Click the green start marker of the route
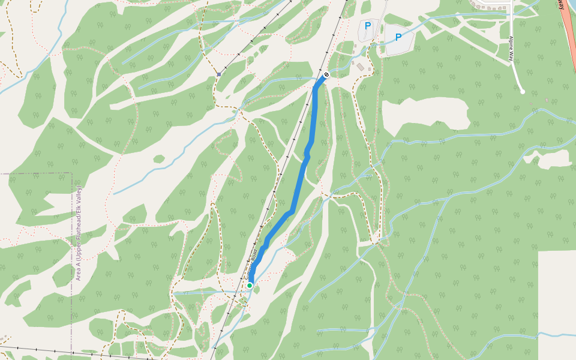(250, 286)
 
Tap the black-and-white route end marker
(326, 75)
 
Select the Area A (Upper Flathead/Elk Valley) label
(79, 233)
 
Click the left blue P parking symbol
(367, 26)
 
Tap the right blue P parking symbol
(398, 38)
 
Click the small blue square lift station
(219, 75)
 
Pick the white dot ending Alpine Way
(523, 92)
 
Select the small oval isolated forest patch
(158, 159)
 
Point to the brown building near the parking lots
(360, 67)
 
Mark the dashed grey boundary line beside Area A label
(71, 240)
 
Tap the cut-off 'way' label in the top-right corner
(560, 5)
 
